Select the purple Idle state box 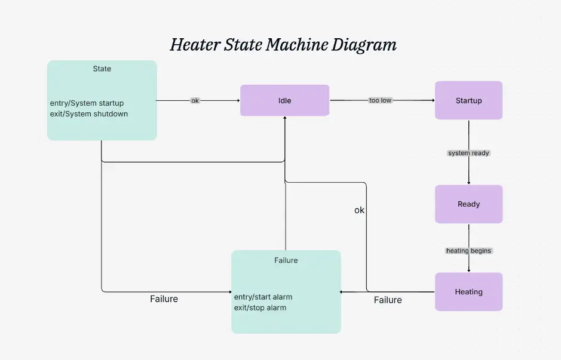point(284,100)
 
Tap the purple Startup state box point(468,100)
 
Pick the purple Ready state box point(468,204)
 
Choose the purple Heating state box point(468,292)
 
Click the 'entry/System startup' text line point(87,103)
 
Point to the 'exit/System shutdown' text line point(88,113)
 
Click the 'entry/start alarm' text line point(263,297)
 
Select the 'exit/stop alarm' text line point(260,307)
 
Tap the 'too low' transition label point(380,100)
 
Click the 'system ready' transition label point(468,153)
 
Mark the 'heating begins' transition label point(468,251)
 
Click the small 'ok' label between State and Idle point(195,100)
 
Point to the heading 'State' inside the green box point(102,69)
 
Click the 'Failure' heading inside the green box point(286,260)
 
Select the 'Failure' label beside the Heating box point(388,300)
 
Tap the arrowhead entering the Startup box point(431,100)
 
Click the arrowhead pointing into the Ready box point(468,182)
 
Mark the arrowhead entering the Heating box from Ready point(468,270)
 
